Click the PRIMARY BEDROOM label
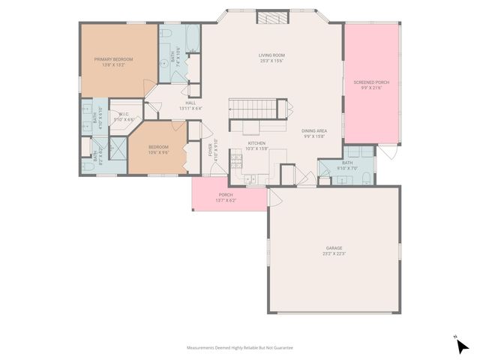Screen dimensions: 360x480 tap(113, 58)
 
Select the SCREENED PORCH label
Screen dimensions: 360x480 tap(373, 82)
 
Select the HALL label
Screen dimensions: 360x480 tap(190, 103)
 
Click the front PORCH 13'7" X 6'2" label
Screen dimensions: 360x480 tap(226, 195)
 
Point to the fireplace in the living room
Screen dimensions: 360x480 tap(268, 19)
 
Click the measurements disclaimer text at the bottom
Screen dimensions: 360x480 tap(240, 348)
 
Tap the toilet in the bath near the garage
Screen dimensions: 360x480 tap(364, 178)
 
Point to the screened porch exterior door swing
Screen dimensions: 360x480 tap(385, 152)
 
